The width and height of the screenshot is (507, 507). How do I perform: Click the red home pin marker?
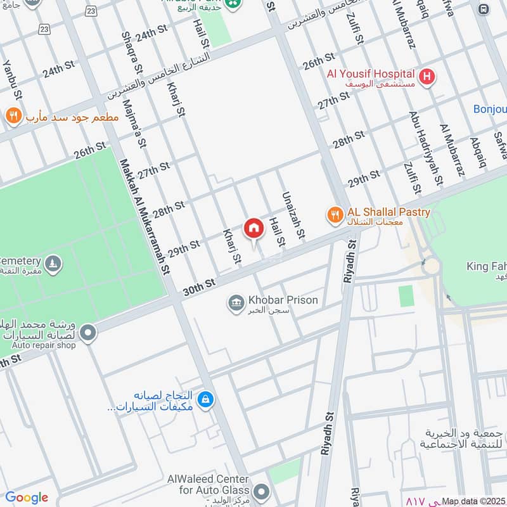pyautogui.click(x=253, y=229)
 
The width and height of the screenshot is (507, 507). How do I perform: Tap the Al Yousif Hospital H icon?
pyautogui.click(x=428, y=77)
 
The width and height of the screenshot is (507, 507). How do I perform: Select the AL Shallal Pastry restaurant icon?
pyautogui.click(x=335, y=216)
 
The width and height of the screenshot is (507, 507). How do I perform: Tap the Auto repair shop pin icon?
pyautogui.click(x=87, y=332)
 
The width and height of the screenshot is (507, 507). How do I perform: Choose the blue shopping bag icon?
pyautogui.click(x=205, y=400)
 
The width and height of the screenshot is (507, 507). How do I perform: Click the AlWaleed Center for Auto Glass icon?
pyautogui.click(x=260, y=492)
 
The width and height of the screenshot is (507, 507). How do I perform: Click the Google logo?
pyautogui.click(x=26, y=497)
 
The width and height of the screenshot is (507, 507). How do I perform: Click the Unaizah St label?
pyautogui.click(x=292, y=217)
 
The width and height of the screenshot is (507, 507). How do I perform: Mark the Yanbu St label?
pyautogui.click(x=13, y=80)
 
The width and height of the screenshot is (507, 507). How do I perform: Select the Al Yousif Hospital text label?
pyautogui.click(x=371, y=74)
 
